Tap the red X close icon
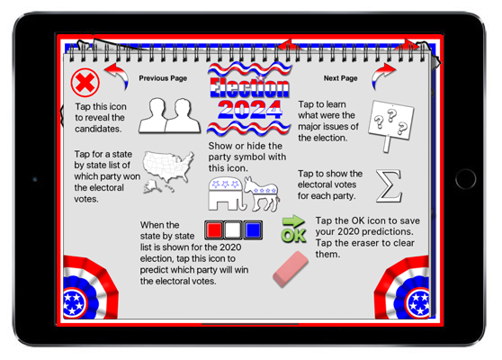(x=85, y=83)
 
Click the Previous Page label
(x=163, y=78)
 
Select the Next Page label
(x=340, y=78)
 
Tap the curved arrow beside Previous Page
(x=118, y=76)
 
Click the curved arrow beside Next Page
(x=382, y=76)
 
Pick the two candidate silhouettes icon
(x=170, y=115)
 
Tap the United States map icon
(x=168, y=171)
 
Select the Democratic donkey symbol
(x=262, y=194)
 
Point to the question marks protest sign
(x=390, y=124)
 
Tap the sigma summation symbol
(x=389, y=186)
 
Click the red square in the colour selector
(x=214, y=230)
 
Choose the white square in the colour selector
(x=233, y=230)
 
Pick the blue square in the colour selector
(x=253, y=230)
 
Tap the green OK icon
(x=293, y=229)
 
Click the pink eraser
(x=291, y=269)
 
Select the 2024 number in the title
(x=250, y=110)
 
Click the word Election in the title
(x=249, y=87)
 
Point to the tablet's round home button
(x=465, y=179)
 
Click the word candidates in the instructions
(x=98, y=129)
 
